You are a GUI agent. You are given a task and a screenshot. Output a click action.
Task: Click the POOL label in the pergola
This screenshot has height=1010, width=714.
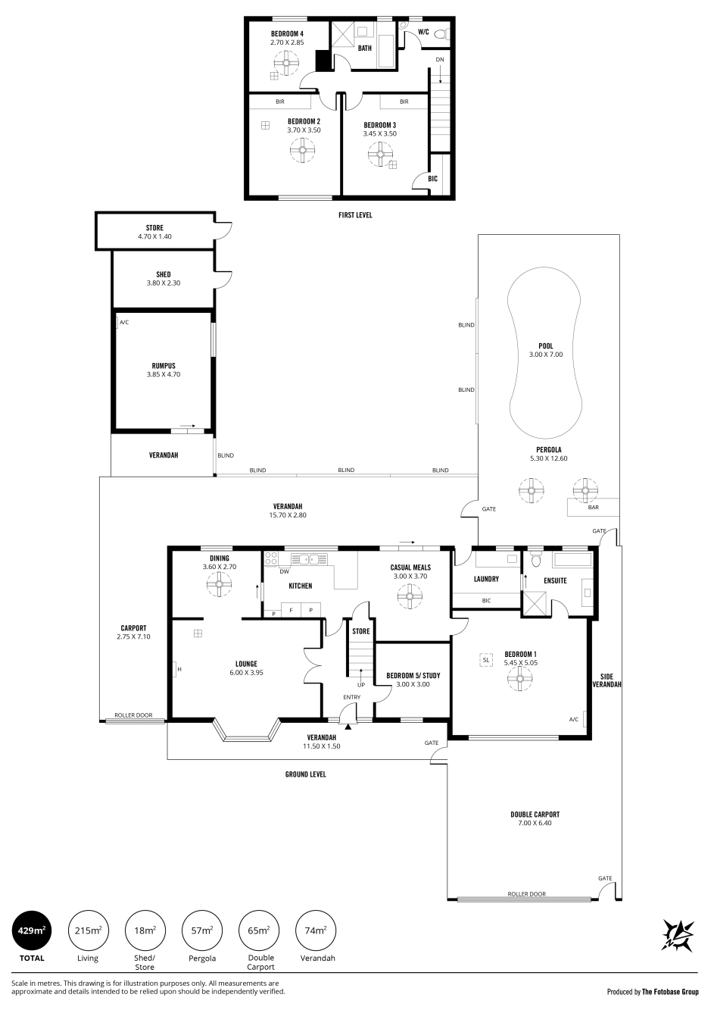[x=545, y=346]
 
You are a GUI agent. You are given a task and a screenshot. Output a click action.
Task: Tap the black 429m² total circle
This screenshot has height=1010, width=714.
[x=32, y=930]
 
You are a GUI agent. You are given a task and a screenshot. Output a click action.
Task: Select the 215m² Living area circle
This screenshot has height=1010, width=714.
[x=88, y=930]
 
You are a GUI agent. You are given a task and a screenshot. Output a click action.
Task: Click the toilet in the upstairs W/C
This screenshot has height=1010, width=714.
[x=444, y=33]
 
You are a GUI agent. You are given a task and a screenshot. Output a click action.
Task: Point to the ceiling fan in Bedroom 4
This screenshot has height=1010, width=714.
[x=285, y=63]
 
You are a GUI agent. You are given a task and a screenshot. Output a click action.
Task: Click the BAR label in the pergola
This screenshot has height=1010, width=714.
[x=594, y=507]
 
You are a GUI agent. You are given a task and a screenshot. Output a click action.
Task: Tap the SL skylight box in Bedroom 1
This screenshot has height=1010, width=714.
[x=485, y=660]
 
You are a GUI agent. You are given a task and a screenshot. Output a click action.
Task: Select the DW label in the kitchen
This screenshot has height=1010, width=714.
[x=284, y=572]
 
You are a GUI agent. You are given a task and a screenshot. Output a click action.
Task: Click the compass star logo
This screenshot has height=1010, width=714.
[x=678, y=936]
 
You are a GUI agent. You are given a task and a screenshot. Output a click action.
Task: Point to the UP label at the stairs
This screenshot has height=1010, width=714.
[x=361, y=685]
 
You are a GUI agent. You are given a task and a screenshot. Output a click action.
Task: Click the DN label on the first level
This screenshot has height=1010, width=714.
[x=440, y=60]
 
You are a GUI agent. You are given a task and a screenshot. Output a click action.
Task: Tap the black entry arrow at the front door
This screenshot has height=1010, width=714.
[x=348, y=727]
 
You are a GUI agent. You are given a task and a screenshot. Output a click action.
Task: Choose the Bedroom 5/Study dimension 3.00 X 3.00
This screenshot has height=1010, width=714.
[x=413, y=684]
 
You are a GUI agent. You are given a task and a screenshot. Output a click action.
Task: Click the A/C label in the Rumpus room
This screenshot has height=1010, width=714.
[x=124, y=322]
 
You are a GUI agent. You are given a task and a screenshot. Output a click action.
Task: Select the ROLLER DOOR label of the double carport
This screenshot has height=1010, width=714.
[x=526, y=893]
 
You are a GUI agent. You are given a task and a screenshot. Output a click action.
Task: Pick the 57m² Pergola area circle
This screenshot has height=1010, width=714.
[x=202, y=930]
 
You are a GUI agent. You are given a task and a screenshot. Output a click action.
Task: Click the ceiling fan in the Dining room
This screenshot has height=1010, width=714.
[x=219, y=584]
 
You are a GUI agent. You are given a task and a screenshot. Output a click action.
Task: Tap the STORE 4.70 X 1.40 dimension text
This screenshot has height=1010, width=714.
[x=154, y=236]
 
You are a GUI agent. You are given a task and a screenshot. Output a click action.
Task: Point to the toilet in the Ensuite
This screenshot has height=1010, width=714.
[x=536, y=559]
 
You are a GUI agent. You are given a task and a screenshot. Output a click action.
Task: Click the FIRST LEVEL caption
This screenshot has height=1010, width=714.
[x=355, y=215]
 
